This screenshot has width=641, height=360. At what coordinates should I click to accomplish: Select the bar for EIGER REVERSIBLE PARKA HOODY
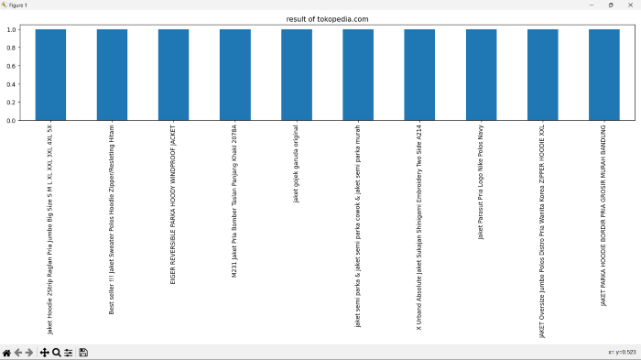click(173, 74)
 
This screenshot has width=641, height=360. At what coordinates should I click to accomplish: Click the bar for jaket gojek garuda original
click(297, 74)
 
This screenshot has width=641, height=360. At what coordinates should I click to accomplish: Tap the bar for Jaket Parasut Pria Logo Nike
click(481, 74)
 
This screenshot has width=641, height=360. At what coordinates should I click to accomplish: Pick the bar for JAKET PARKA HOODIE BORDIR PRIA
click(603, 74)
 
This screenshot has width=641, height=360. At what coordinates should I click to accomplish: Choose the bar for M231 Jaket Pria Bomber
click(235, 74)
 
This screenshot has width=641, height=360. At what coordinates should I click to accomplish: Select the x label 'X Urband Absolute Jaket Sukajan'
click(419, 224)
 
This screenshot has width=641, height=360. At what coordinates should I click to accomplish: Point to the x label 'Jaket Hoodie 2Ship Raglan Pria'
click(50, 229)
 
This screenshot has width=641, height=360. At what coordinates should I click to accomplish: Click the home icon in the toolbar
click(6, 353)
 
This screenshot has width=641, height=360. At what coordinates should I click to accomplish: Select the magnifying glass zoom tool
click(56, 353)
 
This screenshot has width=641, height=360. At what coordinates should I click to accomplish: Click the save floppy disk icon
click(83, 353)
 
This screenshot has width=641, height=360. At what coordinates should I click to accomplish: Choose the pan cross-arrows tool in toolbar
click(44, 353)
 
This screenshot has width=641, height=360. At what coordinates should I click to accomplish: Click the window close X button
click(631, 5)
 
